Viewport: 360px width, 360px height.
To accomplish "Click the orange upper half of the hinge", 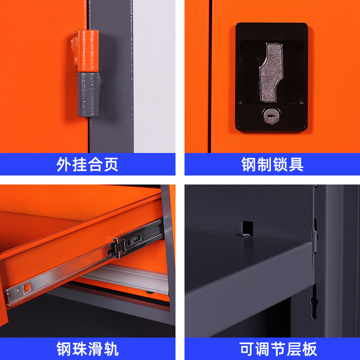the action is click(x=88, y=51).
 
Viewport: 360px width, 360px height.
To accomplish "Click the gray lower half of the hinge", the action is click(x=88, y=94).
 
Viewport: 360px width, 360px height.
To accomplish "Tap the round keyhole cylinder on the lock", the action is click(x=271, y=116).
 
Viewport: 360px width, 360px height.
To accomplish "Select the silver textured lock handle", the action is click(x=271, y=72).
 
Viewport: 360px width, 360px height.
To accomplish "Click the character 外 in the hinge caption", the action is click(x=64, y=164).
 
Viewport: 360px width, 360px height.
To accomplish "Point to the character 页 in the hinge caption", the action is click(x=111, y=164).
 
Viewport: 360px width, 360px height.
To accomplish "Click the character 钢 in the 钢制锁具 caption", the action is click(x=249, y=164).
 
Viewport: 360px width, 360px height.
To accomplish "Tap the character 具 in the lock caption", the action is click(x=296, y=164).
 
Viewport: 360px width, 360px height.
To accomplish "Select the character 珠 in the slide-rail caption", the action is click(x=80, y=349).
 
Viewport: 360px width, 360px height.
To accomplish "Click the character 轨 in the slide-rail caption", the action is click(x=111, y=349).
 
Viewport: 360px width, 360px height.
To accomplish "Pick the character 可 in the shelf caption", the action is click(x=247, y=349).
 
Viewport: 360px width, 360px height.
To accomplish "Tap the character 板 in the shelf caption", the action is click(x=310, y=349).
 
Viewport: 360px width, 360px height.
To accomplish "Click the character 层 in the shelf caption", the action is click(x=294, y=349).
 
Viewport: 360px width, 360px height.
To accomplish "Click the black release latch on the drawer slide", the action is click(x=114, y=248).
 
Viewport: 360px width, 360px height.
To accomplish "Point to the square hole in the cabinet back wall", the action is click(x=247, y=229).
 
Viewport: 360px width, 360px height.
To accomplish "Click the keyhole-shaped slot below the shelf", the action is click(x=314, y=301).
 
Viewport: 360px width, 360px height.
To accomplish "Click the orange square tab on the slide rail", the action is click(x=27, y=287).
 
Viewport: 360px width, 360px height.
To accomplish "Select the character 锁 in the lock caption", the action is click(x=280, y=164).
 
